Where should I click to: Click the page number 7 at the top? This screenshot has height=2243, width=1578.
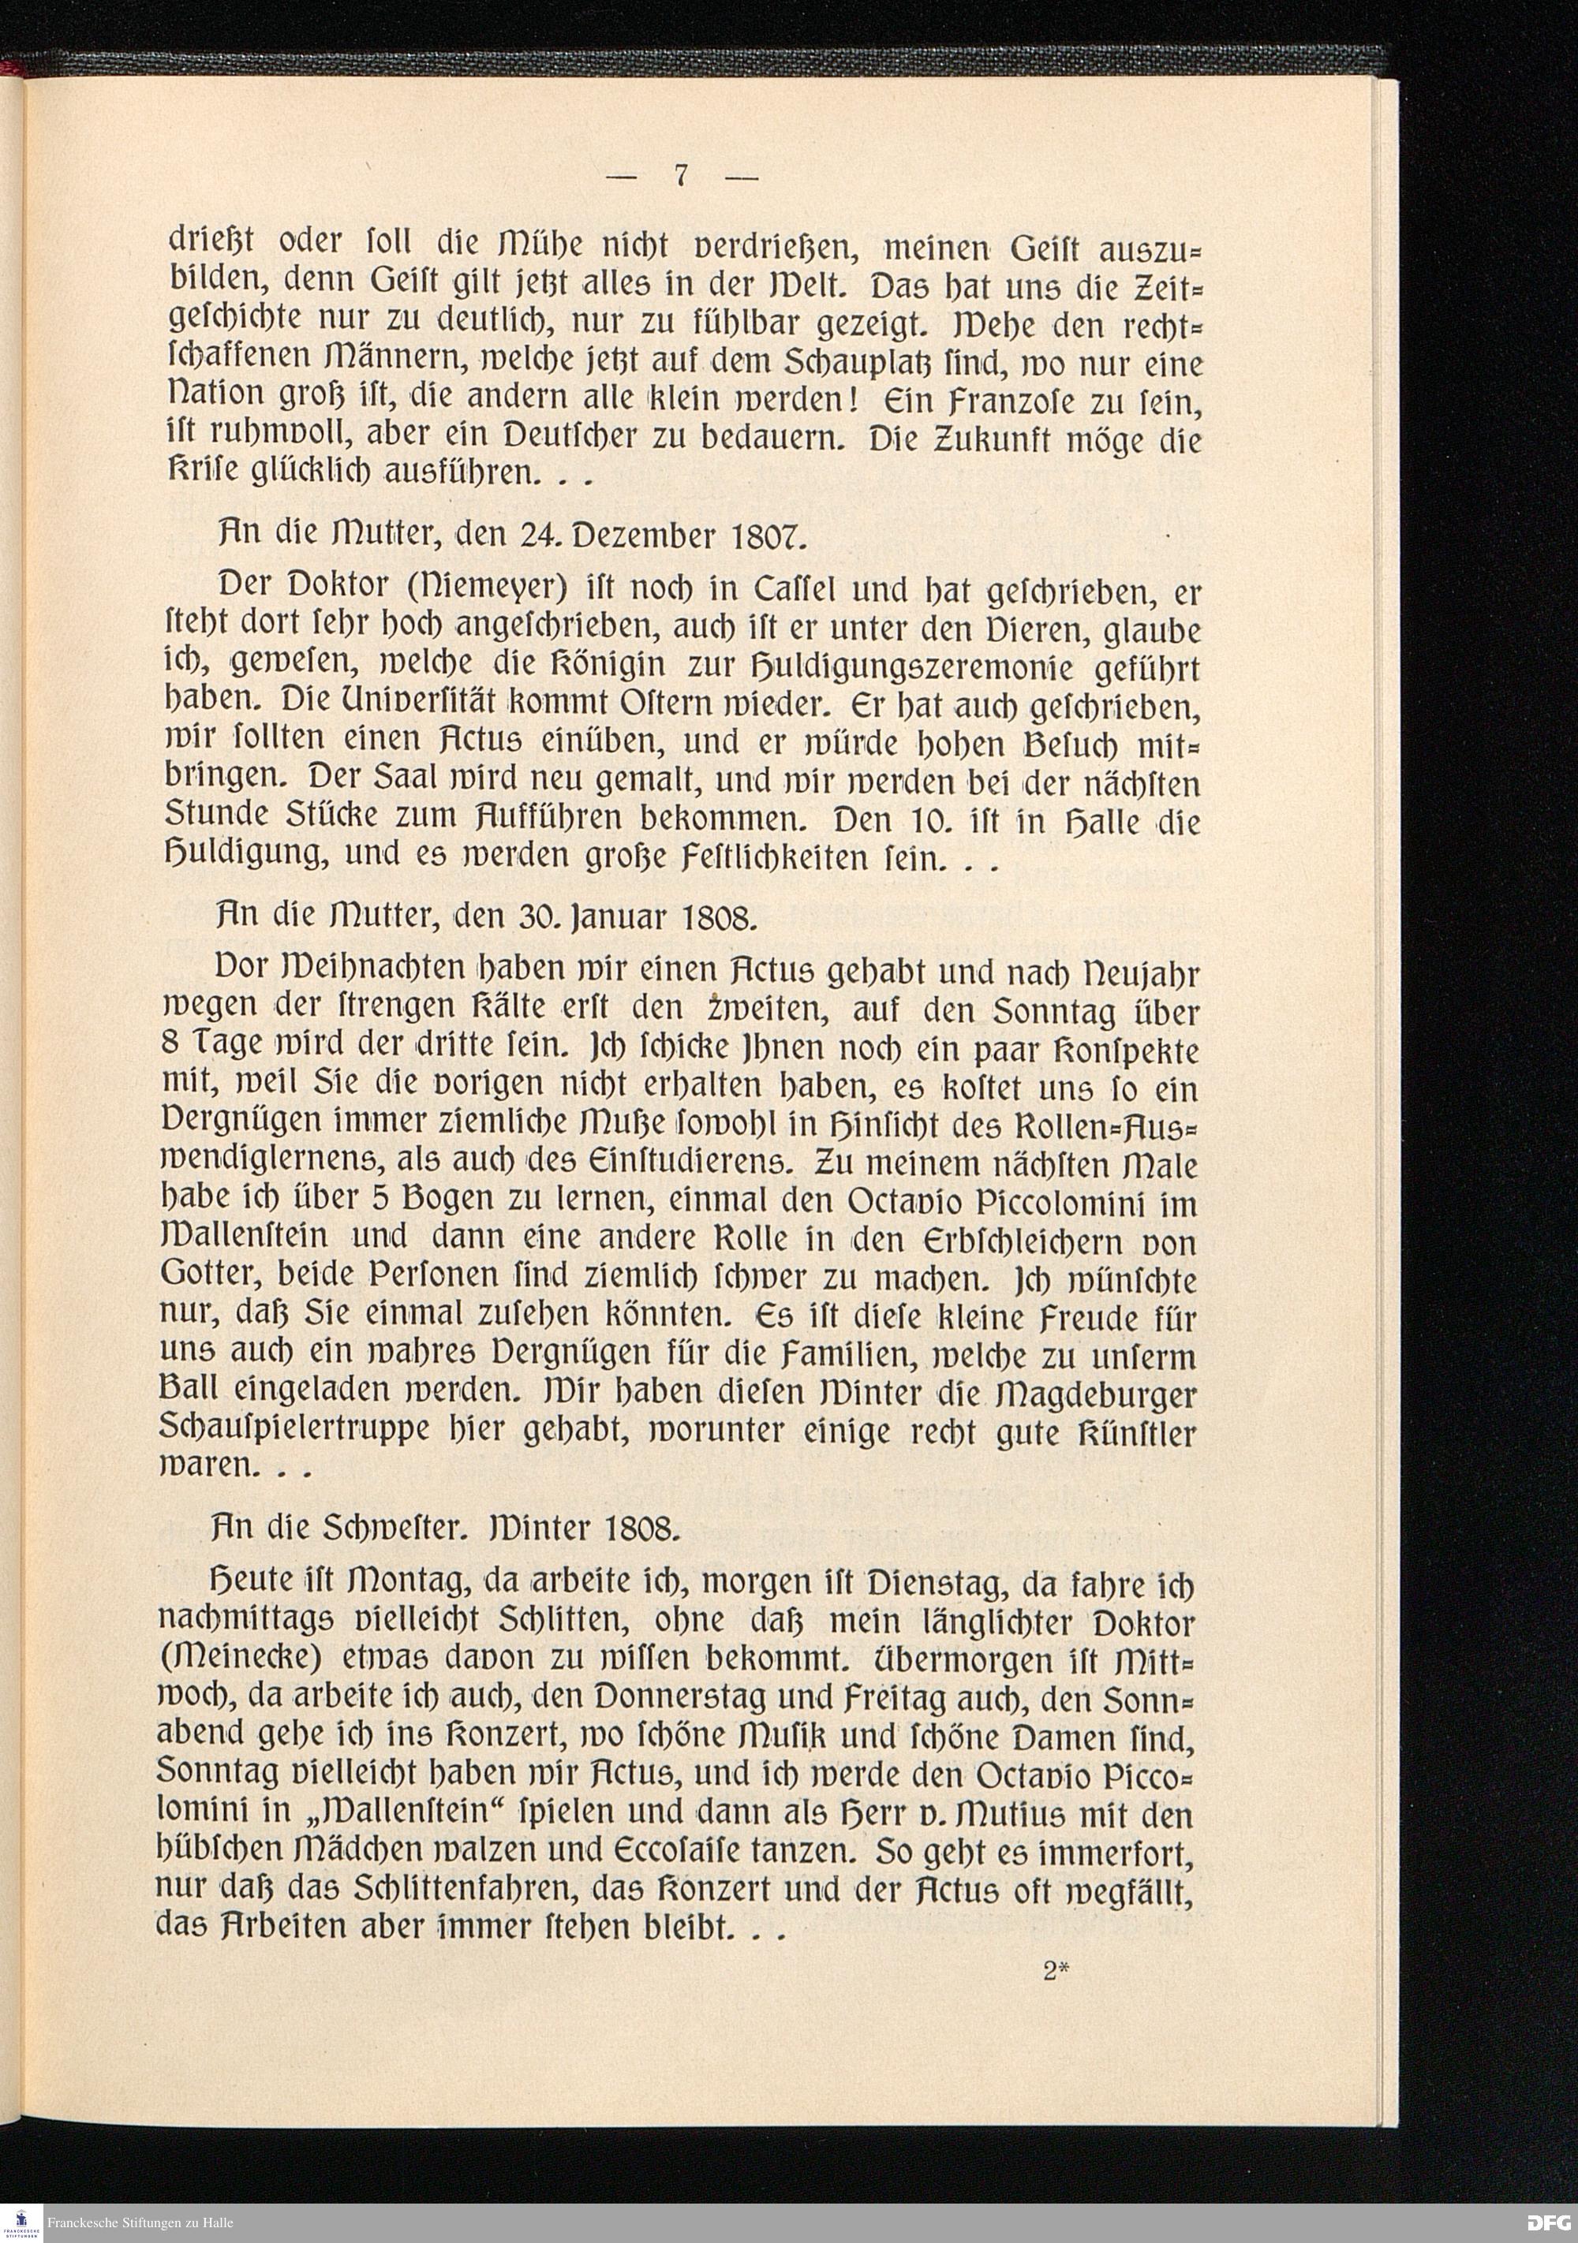(682, 176)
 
